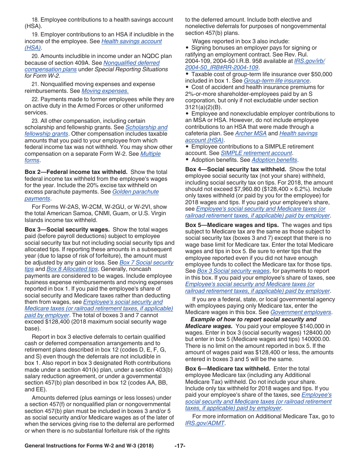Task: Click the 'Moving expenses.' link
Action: tap(105, 91)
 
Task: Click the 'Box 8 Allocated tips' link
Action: tap(72, 269)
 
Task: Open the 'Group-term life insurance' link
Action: tap(276, 81)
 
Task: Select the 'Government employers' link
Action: tap(301, 312)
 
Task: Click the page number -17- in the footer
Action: tap(180, 446)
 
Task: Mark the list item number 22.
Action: tap(35, 99)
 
